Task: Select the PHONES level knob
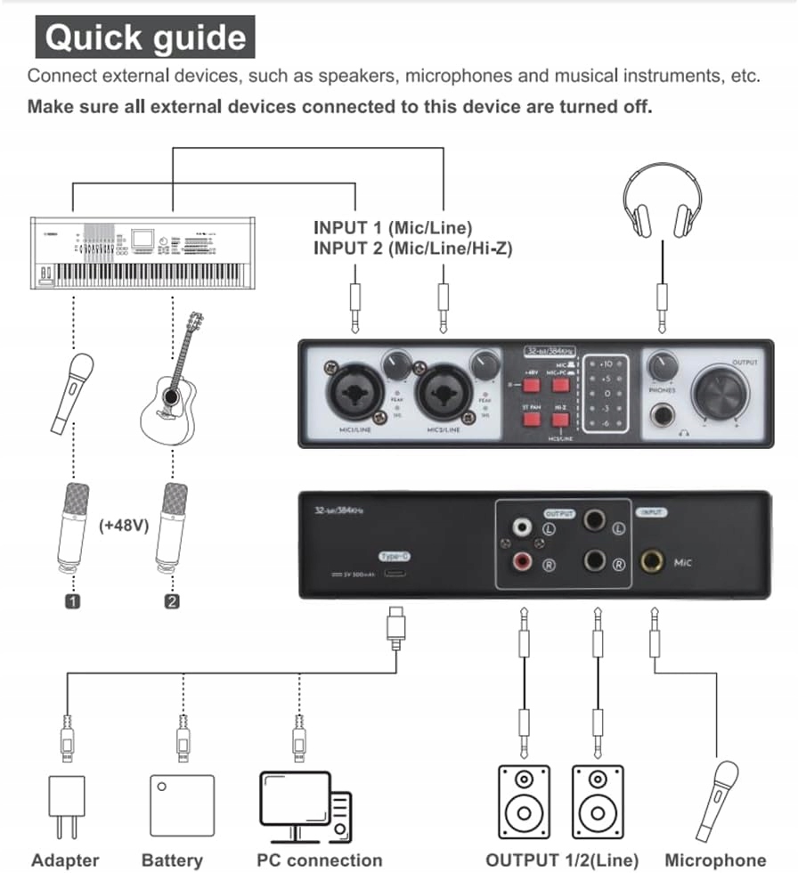click(663, 366)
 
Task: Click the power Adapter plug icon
click(64, 806)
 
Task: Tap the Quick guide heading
click(145, 37)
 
